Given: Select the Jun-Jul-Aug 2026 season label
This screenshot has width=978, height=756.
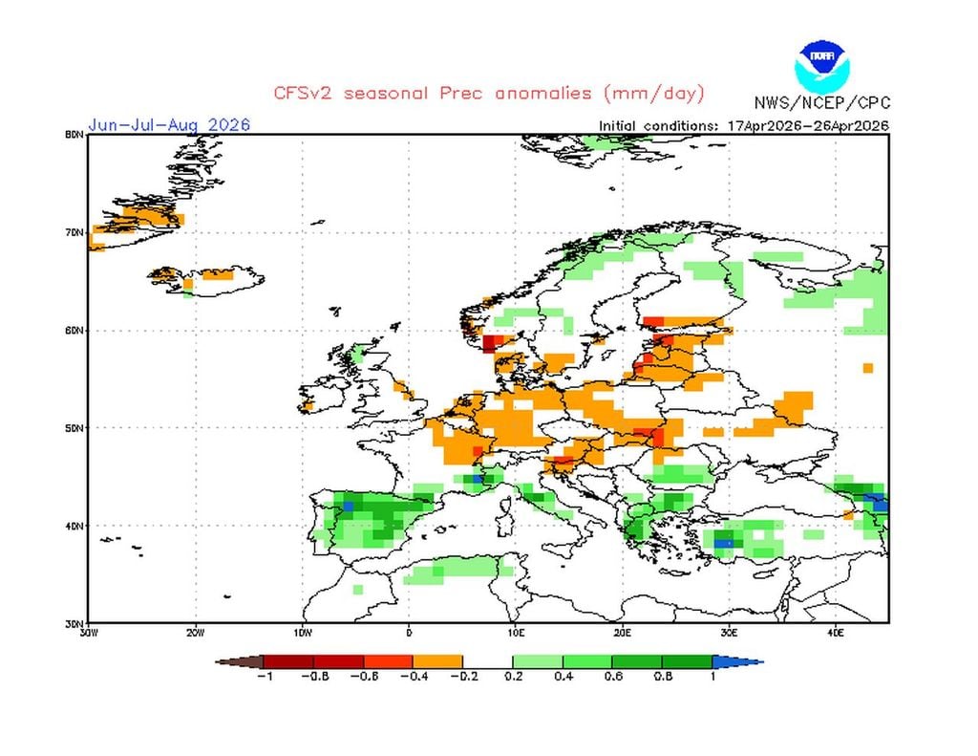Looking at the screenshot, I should click(x=169, y=125).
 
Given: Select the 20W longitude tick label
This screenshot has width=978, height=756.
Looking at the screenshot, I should click(x=195, y=632).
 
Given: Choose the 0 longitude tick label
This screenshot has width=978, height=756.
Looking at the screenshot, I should click(x=409, y=632).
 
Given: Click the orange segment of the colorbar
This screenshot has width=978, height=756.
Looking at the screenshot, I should click(x=437, y=661).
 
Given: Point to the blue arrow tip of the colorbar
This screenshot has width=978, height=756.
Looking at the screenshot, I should click(x=750, y=661).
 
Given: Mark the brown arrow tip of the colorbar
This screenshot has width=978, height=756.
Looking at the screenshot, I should click(x=229, y=661).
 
